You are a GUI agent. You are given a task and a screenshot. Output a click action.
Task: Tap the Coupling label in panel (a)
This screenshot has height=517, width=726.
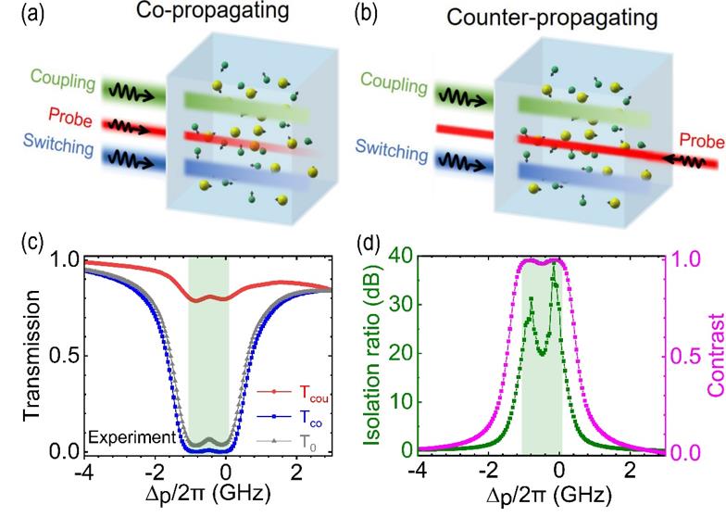pos(63,82)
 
